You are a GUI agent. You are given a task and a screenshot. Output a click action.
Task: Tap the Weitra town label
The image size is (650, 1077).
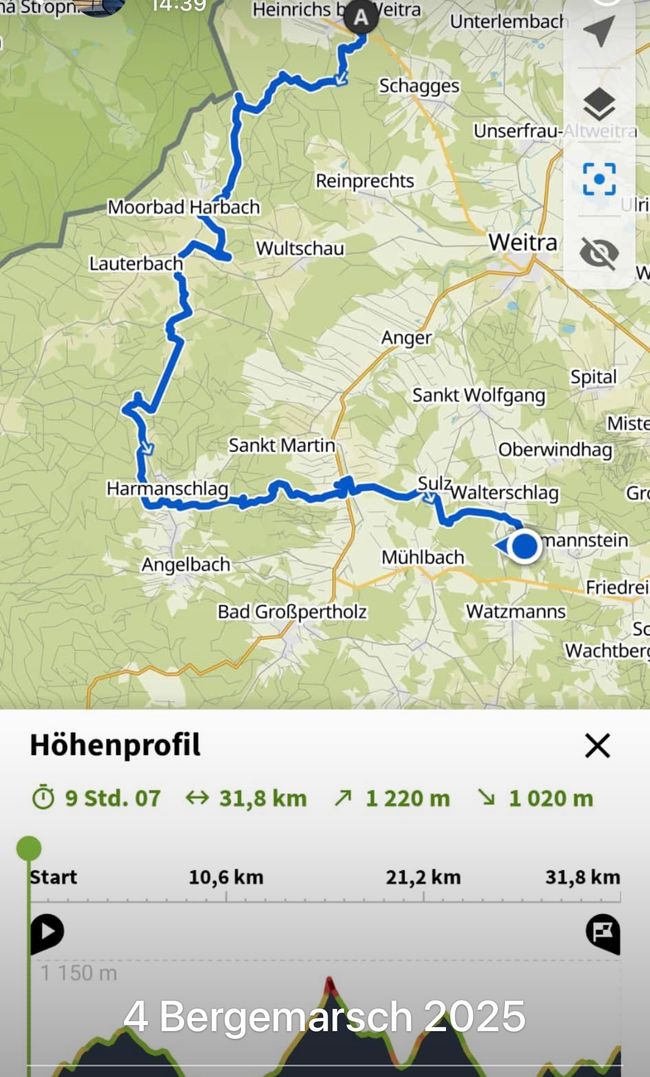coord(522,243)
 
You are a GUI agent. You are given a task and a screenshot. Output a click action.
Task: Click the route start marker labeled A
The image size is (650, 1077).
coord(361,17)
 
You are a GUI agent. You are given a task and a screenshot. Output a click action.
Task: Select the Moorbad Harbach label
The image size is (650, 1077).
coord(184,208)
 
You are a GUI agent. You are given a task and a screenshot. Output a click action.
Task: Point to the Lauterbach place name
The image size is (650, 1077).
coord(136,264)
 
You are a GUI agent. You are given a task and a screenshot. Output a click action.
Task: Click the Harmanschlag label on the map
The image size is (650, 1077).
coord(168,489)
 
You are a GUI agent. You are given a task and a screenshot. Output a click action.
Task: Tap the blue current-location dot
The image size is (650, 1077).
coord(525,547)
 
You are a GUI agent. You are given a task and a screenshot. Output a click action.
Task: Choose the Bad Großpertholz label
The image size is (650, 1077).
coord(292,612)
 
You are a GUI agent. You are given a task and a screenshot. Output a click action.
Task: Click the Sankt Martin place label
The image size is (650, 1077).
coord(282,445)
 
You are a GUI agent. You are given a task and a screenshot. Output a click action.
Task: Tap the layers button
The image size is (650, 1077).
coord(599,105)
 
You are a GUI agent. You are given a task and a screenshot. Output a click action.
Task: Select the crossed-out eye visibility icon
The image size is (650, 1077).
coord(599,253)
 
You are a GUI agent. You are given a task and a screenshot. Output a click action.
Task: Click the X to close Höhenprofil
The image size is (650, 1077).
coord(597,745)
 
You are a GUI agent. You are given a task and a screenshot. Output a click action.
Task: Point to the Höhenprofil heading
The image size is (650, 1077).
coord(115,745)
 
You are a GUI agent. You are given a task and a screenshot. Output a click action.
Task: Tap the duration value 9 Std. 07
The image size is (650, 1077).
coord(112,798)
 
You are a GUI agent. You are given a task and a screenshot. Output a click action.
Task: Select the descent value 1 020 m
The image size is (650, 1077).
coord(550,798)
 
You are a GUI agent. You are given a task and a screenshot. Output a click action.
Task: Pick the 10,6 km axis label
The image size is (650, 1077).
coord(226,877)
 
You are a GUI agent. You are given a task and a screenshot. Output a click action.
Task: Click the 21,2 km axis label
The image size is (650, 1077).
coord(423,877)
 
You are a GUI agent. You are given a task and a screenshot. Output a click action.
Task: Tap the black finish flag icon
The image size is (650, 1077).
coord(602,933)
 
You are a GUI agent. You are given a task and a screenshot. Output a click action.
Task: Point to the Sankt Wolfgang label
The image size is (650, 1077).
coord(479,396)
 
